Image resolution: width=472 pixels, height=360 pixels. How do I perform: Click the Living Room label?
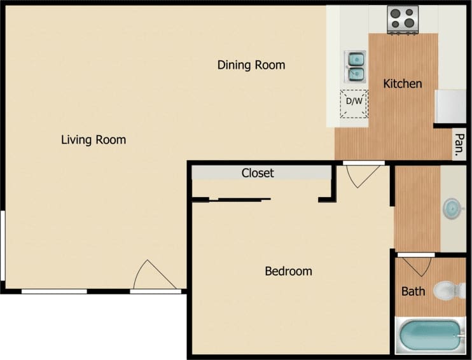[94, 140]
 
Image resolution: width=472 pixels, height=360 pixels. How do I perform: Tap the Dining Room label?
[251, 65]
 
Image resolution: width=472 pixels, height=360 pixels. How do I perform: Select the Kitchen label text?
[403, 83]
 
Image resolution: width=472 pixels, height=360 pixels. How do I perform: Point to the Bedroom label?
[288, 272]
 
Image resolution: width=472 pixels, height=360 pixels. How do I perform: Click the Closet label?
[258, 173]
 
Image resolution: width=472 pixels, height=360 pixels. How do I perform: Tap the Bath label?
[413, 292]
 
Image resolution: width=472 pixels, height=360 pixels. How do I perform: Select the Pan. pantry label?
[459, 146]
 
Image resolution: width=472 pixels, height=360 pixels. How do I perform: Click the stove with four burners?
[403, 19]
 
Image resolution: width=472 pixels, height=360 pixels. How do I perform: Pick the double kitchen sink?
[355, 66]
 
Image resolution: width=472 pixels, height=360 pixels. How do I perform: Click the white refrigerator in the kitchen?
[450, 106]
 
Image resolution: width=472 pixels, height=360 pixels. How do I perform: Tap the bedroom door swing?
[362, 176]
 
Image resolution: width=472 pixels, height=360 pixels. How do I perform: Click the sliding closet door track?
[244, 199]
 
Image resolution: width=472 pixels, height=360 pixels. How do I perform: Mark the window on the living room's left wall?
[3, 245]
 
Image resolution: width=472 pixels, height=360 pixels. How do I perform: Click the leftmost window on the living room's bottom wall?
[54, 291]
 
